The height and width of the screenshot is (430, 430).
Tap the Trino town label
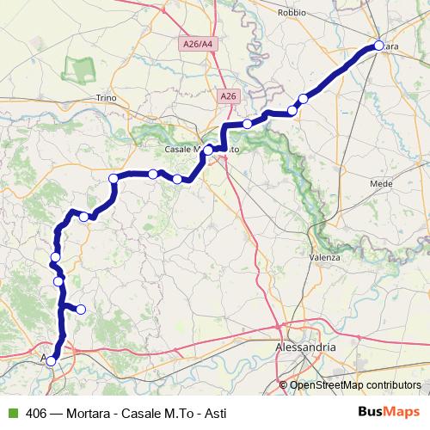(106, 98)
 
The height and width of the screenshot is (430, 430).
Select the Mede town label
(380, 184)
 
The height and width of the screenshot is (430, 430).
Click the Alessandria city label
(305, 347)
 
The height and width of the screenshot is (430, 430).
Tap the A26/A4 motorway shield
(199, 43)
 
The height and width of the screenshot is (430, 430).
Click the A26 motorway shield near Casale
(228, 97)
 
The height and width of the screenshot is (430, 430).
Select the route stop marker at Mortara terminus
(379, 46)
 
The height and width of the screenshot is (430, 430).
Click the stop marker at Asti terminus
(51, 361)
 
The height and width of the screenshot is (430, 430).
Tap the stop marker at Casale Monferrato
(208, 150)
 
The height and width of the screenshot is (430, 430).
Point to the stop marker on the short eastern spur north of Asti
(81, 309)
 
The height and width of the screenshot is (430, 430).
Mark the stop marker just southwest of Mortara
(302, 99)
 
